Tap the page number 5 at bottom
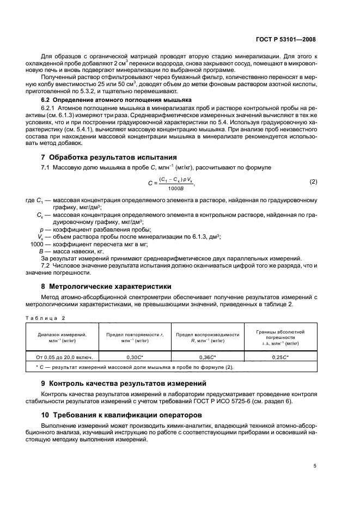point(315,466)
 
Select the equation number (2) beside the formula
point(313,181)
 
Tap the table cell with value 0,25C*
point(280,357)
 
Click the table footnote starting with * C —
point(131,367)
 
